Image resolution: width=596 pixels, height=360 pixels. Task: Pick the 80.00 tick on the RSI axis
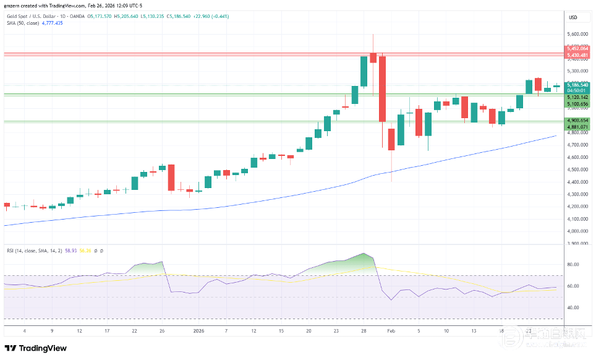click(x=573, y=264)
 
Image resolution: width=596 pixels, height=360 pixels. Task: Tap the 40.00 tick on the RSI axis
click(x=573, y=307)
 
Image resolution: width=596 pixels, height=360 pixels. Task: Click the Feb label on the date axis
click(x=390, y=331)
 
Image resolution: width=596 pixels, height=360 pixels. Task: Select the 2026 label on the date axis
click(x=198, y=331)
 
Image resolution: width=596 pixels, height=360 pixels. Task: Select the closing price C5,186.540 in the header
click(x=191, y=16)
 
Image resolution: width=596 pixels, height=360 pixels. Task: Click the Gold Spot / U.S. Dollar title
click(x=32, y=16)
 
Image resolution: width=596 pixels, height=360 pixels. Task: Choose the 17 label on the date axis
click(x=107, y=331)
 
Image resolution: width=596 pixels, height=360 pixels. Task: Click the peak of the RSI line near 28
click(x=365, y=254)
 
